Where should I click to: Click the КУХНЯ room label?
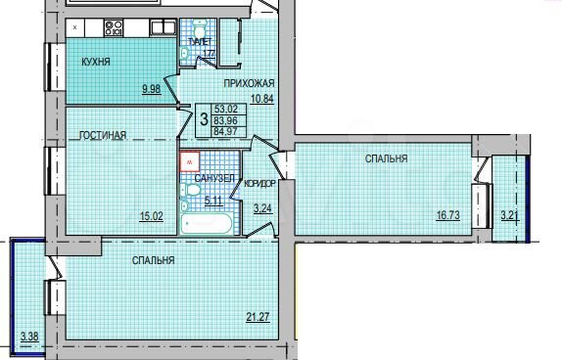click(96, 63)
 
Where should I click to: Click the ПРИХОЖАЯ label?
click(248, 84)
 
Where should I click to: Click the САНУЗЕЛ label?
click(214, 179)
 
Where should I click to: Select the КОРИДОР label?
click(260, 183)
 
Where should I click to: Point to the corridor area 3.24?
click(262, 207)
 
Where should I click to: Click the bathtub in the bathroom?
click(209, 224)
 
